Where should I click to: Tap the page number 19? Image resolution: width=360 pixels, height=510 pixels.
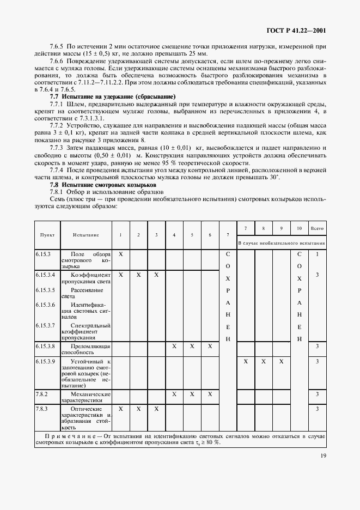(322, 459)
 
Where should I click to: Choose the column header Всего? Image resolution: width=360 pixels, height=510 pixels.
(317, 228)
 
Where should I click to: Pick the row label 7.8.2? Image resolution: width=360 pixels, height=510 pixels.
(42, 394)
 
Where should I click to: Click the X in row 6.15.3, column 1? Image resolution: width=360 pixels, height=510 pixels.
(121, 254)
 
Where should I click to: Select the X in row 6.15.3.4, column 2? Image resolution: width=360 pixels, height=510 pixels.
(139, 275)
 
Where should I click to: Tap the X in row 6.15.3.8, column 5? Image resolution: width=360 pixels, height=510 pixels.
(192, 346)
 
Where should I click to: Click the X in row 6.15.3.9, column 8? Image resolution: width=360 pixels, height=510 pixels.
(264, 361)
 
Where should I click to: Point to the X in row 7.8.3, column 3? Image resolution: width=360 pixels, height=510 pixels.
(156, 408)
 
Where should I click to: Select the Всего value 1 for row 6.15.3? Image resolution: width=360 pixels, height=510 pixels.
(317, 254)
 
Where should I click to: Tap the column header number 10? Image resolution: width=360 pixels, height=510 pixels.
(300, 228)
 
